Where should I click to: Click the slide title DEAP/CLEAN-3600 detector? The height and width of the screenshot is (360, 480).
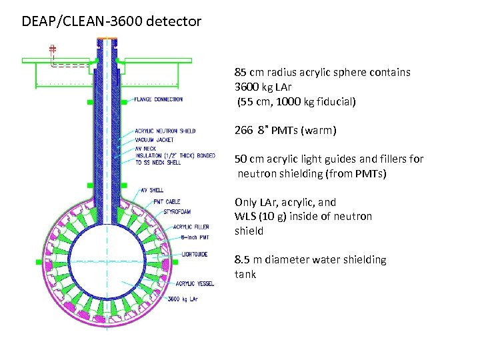click(x=111, y=21)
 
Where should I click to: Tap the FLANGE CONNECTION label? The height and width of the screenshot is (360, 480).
click(x=158, y=99)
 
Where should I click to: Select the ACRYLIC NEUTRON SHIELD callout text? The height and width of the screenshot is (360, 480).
click(x=165, y=131)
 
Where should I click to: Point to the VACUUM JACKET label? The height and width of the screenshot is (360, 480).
click(x=155, y=139)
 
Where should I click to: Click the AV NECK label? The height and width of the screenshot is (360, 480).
click(x=145, y=147)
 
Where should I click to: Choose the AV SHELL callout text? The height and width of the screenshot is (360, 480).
click(x=151, y=190)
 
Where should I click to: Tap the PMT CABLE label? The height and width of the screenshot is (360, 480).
click(x=167, y=201)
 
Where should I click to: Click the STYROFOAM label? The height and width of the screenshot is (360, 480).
click(x=175, y=212)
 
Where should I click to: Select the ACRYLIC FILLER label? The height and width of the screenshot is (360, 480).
click(x=191, y=227)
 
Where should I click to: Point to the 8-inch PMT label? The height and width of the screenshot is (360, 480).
click(x=194, y=237)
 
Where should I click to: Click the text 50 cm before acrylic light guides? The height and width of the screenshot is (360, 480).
click(x=249, y=159)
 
